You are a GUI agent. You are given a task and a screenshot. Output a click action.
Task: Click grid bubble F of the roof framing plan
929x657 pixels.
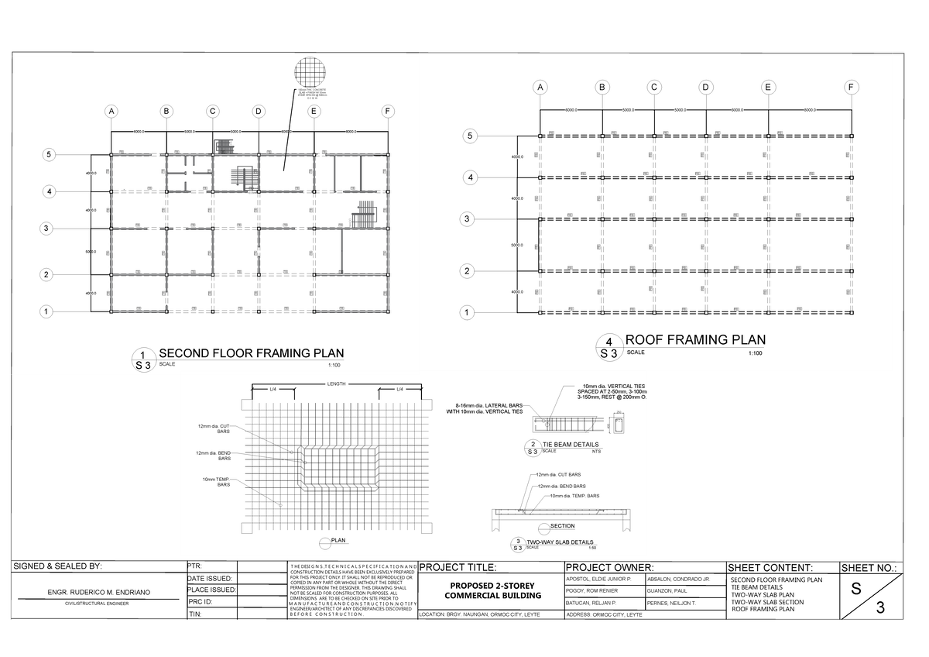coord(851,87)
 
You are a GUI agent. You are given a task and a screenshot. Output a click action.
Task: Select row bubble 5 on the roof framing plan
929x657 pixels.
coord(468,136)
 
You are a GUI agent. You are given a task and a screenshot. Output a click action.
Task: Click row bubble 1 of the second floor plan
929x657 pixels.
coord(48,312)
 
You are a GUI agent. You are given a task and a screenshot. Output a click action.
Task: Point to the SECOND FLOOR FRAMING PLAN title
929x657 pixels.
coord(245,354)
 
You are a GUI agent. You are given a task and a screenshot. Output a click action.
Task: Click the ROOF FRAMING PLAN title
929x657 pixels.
coord(695,340)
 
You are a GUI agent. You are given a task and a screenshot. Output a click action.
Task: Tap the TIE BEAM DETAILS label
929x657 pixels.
coord(571,444)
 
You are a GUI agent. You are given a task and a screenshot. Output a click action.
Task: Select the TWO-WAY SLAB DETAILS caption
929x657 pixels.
coord(560,542)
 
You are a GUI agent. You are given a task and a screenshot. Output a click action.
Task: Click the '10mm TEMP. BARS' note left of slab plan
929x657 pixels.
coord(216,482)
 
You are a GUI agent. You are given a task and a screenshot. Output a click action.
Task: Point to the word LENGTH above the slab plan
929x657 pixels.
coord(336,384)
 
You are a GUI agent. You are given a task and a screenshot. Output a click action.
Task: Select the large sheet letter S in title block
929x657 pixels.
coord(855,588)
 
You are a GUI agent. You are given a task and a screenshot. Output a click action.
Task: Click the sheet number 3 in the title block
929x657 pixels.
coord(879,607)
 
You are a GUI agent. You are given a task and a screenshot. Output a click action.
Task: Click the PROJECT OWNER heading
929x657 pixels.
coord(612,567)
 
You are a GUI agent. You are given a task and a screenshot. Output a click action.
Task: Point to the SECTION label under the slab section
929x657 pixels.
coord(562,527)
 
